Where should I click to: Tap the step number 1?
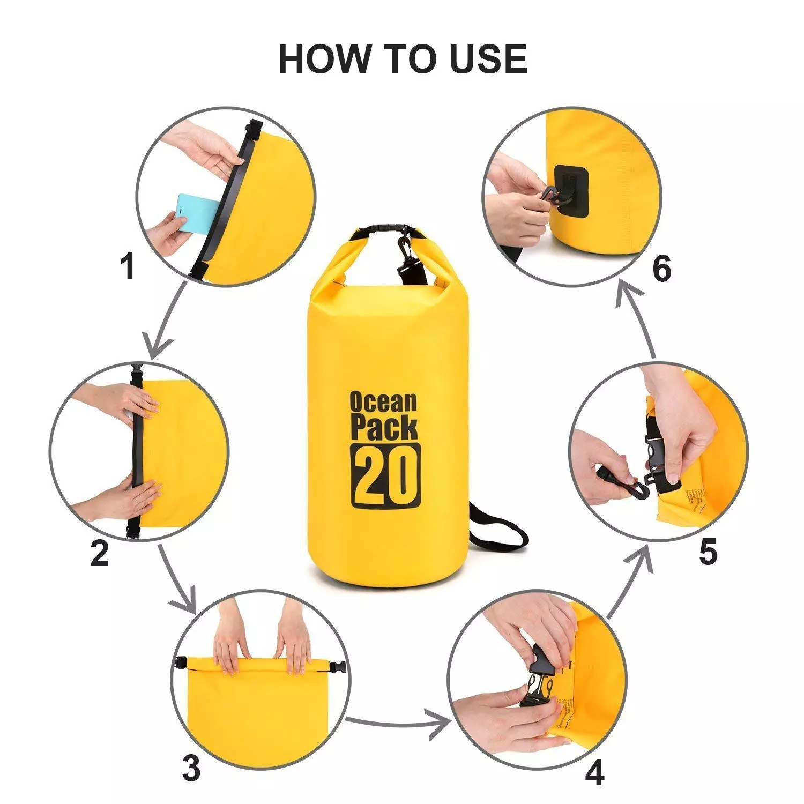pyautogui.click(x=127, y=266)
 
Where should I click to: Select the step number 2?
pyautogui.click(x=100, y=553)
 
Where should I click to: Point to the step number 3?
pyautogui.click(x=191, y=768)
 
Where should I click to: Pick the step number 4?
pyautogui.click(x=594, y=772)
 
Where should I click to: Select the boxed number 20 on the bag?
pyautogui.click(x=385, y=475)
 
